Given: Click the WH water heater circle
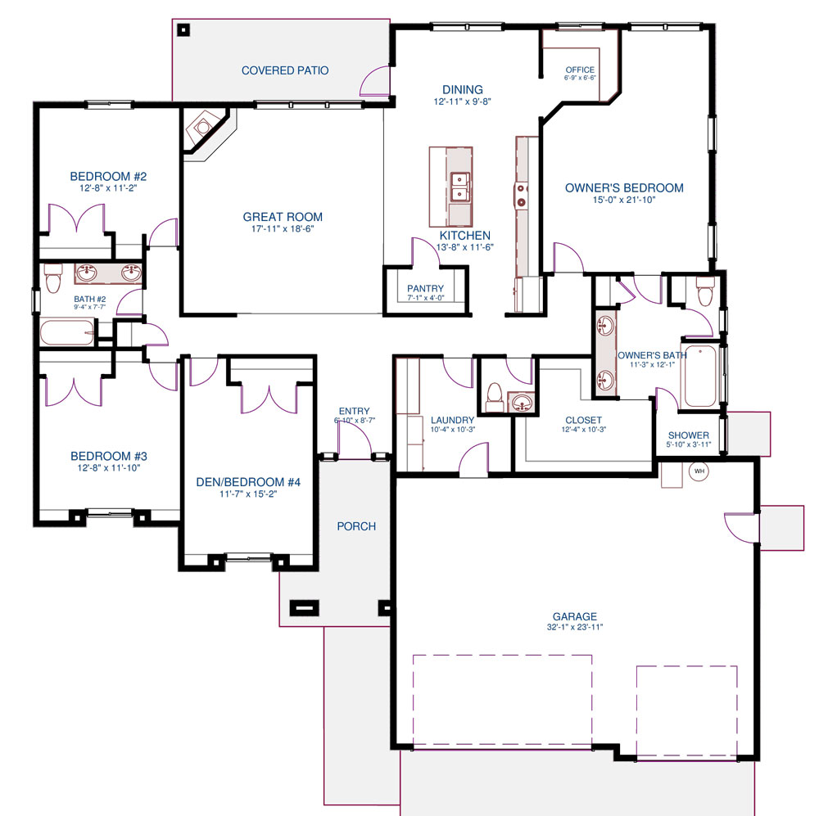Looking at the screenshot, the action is [699, 471].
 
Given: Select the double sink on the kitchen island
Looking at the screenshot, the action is [460, 187].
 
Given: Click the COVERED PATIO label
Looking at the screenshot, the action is [285, 70].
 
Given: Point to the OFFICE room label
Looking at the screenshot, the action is [580, 70].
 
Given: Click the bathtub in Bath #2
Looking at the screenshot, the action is [67, 332].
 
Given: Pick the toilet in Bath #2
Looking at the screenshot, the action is [52, 277].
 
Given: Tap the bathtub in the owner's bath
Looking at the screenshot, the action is [700, 376].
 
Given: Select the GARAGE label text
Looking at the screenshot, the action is [575, 616].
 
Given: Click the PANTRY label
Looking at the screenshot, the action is [425, 288].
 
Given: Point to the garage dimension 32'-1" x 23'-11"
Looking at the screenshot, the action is [575, 627].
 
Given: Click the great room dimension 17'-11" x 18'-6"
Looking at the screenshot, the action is [283, 228].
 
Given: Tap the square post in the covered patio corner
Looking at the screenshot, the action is [183, 30].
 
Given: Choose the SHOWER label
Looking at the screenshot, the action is [689, 435].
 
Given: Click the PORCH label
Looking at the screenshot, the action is [356, 526].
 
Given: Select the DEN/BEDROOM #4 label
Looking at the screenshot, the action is [248, 482].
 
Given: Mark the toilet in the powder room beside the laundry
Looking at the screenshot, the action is [494, 397].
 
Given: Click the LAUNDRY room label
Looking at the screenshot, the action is [452, 420].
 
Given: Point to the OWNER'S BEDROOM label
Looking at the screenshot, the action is [624, 188].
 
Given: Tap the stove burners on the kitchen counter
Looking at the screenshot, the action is [522, 195].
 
